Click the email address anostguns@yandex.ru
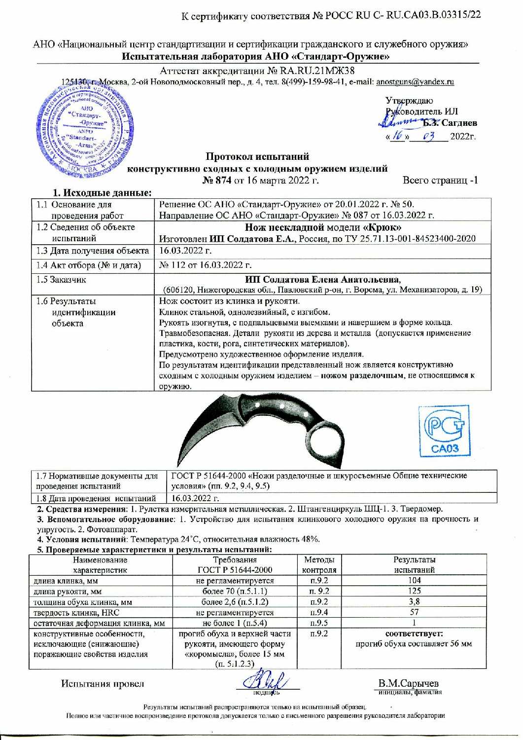click(415, 82)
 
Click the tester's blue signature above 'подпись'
click(266, 683)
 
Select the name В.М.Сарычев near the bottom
click(408, 683)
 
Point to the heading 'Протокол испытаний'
click(257, 157)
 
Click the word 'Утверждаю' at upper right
click(409, 101)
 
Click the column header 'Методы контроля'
click(319, 565)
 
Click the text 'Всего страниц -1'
click(440, 180)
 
